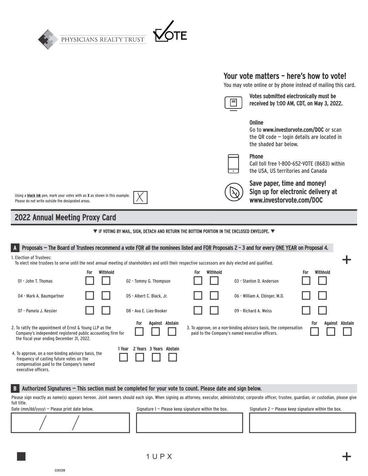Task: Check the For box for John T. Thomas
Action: coord(90,281)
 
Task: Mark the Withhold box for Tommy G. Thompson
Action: coord(214,281)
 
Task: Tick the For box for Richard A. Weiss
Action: coord(306,310)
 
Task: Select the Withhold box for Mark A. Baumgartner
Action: coord(106,296)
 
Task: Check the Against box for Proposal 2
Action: coord(156,332)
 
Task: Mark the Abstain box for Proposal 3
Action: coord(347,332)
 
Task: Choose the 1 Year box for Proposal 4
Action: coord(123,357)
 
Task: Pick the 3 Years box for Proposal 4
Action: coord(156,357)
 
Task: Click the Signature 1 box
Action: coord(189,423)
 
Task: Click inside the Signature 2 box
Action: coord(302,423)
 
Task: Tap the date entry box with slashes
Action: coord(70,423)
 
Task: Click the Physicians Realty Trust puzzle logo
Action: coord(48,39)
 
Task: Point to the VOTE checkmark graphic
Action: coord(170,32)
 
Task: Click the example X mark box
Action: coord(140,197)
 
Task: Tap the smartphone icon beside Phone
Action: coord(233,164)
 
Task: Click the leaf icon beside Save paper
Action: coord(233,192)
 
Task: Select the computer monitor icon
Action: coord(233,103)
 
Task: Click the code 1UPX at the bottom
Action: coord(159,456)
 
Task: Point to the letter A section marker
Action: coord(15,248)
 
